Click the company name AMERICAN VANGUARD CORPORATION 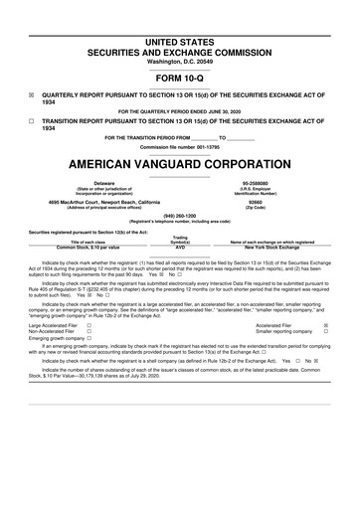[x=179, y=162]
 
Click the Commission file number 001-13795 [x=179, y=145]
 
